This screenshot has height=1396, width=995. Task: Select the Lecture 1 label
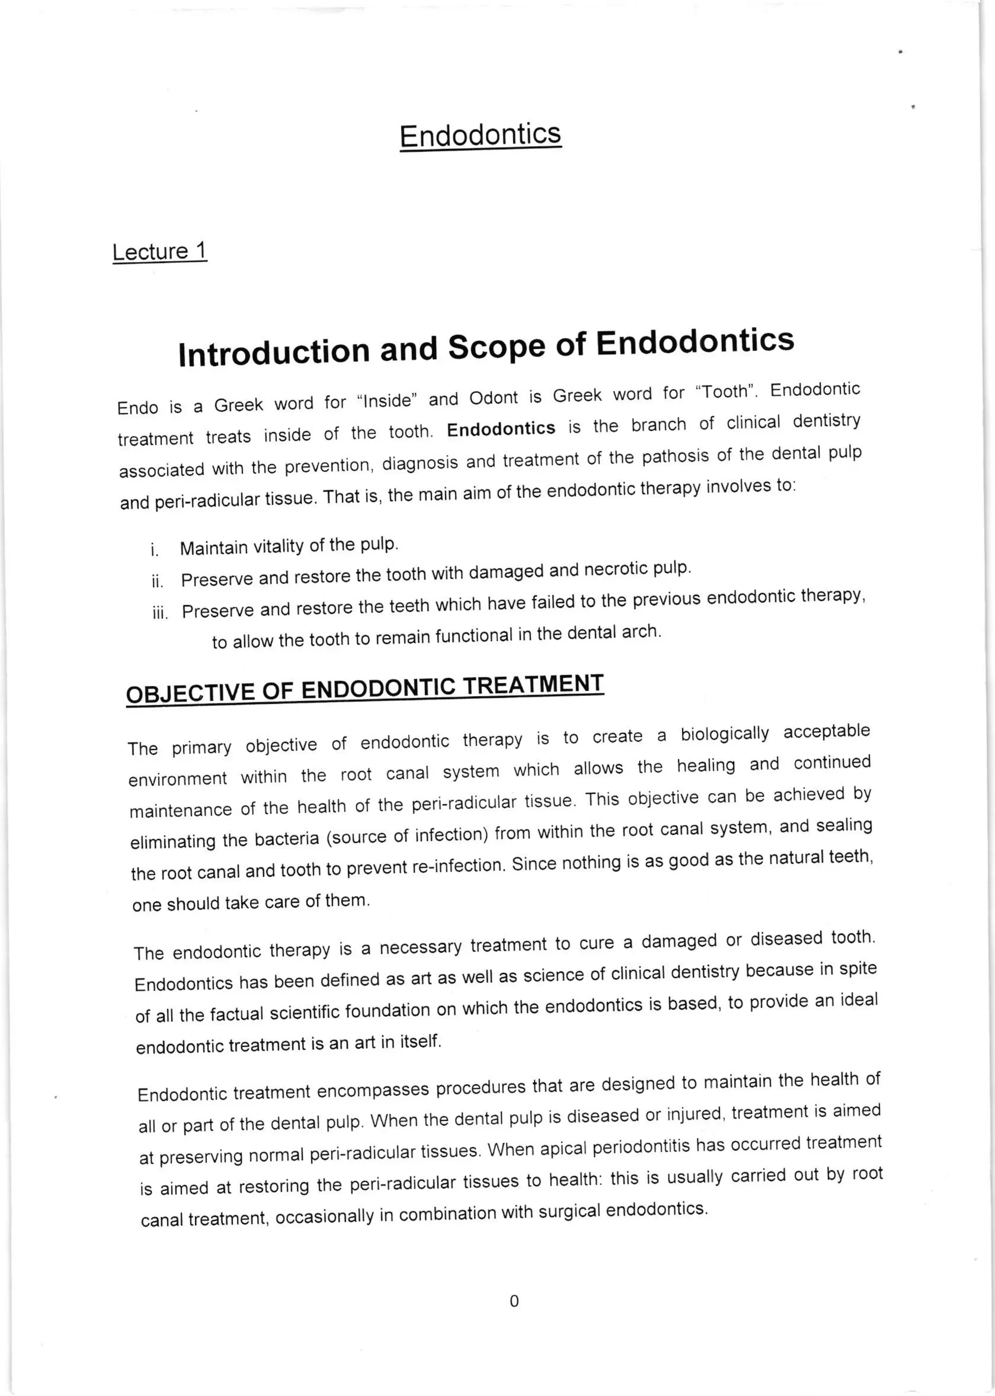coord(159,251)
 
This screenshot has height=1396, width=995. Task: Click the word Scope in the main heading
coord(496,347)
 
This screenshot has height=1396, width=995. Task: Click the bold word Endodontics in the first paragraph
coord(500,429)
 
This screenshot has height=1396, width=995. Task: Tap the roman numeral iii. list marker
coord(159,613)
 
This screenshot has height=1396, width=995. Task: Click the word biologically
coord(725,734)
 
